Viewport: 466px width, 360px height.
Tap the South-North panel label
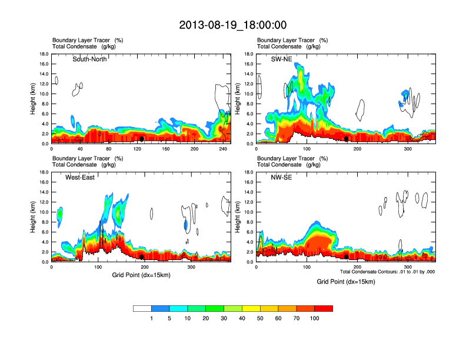[89, 59]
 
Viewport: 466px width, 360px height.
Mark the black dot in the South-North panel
[142, 139]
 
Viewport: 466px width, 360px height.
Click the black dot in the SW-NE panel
[347, 139]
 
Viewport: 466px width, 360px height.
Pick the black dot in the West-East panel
[142, 257]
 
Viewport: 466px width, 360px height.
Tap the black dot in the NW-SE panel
[347, 257]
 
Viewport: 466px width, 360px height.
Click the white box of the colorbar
[142, 308]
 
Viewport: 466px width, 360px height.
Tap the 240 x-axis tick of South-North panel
[223, 149]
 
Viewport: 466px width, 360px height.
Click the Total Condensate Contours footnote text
[385, 272]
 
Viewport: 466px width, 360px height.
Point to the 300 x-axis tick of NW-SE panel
[408, 267]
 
